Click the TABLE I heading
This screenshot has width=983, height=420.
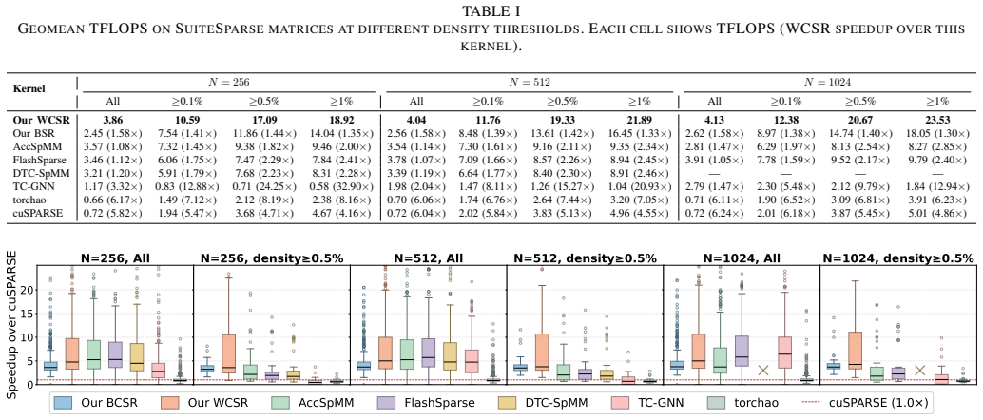click(491, 10)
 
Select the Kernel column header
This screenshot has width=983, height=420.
click(29, 88)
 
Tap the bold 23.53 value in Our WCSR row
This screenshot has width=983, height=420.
click(938, 119)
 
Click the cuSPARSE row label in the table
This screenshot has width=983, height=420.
click(32, 215)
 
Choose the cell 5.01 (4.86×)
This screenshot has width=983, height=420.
click(938, 215)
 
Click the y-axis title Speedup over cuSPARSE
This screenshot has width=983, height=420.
click(10, 324)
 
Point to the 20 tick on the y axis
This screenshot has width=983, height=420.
click(26, 290)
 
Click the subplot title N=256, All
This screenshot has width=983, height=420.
click(115, 258)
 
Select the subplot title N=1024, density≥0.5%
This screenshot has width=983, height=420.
click(898, 258)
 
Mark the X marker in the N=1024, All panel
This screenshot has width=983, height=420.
click(763, 371)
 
